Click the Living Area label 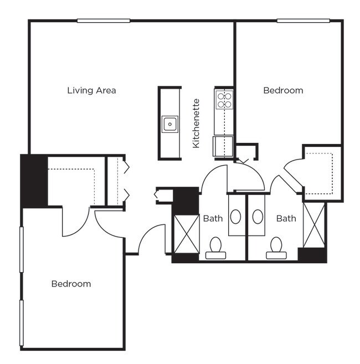[91, 90]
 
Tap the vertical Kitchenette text [196, 124]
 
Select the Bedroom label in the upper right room [283, 90]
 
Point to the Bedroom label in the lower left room [71, 284]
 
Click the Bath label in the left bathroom [213, 218]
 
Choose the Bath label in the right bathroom [286, 218]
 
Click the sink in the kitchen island [169, 124]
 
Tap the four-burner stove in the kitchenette [224, 100]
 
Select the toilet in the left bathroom [215, 247]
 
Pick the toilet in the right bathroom [276, 247]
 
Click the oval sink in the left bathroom [236, 216]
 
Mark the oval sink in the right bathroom [258, 216]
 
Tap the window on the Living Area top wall [104, 21]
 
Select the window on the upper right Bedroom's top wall [304, 21]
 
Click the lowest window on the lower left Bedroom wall [22, 323]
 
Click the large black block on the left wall [34, 180]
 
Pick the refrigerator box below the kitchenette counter [224, 147]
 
